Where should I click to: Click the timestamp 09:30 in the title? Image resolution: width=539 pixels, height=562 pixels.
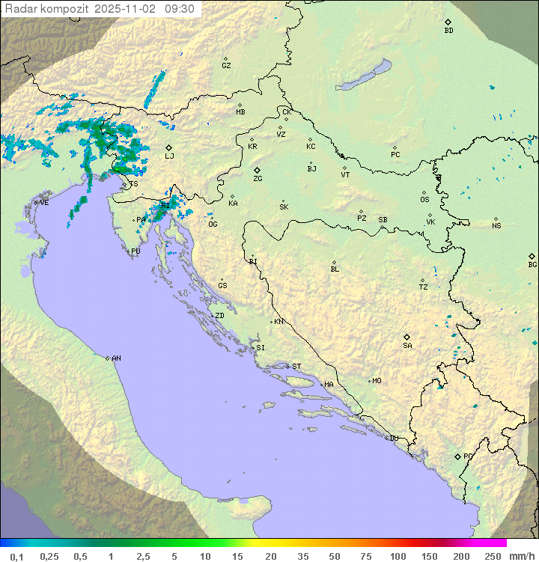pos(180,8)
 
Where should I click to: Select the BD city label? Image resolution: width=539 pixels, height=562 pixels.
pos(448,31)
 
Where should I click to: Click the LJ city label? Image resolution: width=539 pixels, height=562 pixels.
pos(169,156)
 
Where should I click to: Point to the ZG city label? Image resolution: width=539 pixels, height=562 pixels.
pos(258,179)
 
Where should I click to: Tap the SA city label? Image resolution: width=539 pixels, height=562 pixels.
pos(407,345)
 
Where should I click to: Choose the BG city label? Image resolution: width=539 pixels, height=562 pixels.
pos(532,264)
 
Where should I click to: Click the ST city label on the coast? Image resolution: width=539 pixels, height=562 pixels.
pos(296,367)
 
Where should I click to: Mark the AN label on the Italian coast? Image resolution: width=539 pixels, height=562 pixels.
pos(116,358)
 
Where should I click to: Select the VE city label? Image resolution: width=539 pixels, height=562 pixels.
pos(44,203)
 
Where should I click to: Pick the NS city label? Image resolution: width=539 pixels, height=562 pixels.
pos(496,226)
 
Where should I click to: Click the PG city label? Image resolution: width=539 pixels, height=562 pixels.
pos(468,456)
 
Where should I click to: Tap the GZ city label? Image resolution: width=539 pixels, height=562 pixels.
pos(226,65)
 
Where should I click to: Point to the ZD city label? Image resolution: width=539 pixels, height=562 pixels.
pos(219,316)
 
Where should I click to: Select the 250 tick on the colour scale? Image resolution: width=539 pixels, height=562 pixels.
pos(492,556)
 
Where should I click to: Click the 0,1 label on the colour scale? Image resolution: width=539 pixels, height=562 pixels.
pos(16,556)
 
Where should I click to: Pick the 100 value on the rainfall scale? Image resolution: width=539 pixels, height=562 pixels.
pos(398,556)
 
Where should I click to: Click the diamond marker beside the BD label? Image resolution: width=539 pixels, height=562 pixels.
pos(448,22)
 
